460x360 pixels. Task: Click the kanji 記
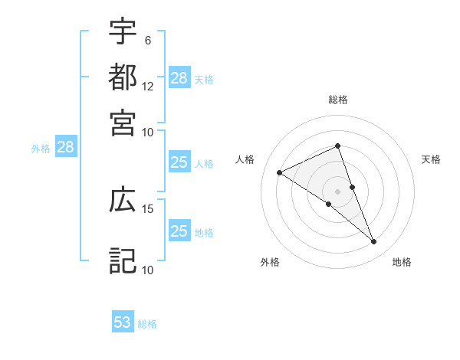click(123, 260)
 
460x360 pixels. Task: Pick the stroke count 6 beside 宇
click(148, 39)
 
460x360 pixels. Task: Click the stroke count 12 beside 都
click(148, 86)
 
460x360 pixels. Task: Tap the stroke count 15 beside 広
click(148, 208)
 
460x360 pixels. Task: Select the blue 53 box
click(123, 322)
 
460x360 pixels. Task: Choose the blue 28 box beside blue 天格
click(179, 77)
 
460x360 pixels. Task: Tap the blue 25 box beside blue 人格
click(179, 162)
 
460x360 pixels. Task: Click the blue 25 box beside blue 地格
click(179, 231)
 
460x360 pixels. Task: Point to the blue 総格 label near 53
click(148, 324)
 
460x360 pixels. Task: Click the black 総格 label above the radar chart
click(338, 100)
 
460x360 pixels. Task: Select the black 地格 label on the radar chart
click(402, 263)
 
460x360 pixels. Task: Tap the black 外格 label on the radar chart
click(270, 263)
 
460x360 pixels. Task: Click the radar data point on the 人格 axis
click(280, 173)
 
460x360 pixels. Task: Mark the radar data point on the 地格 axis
click(374, 242)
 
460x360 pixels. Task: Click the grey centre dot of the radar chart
click(338, 191)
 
